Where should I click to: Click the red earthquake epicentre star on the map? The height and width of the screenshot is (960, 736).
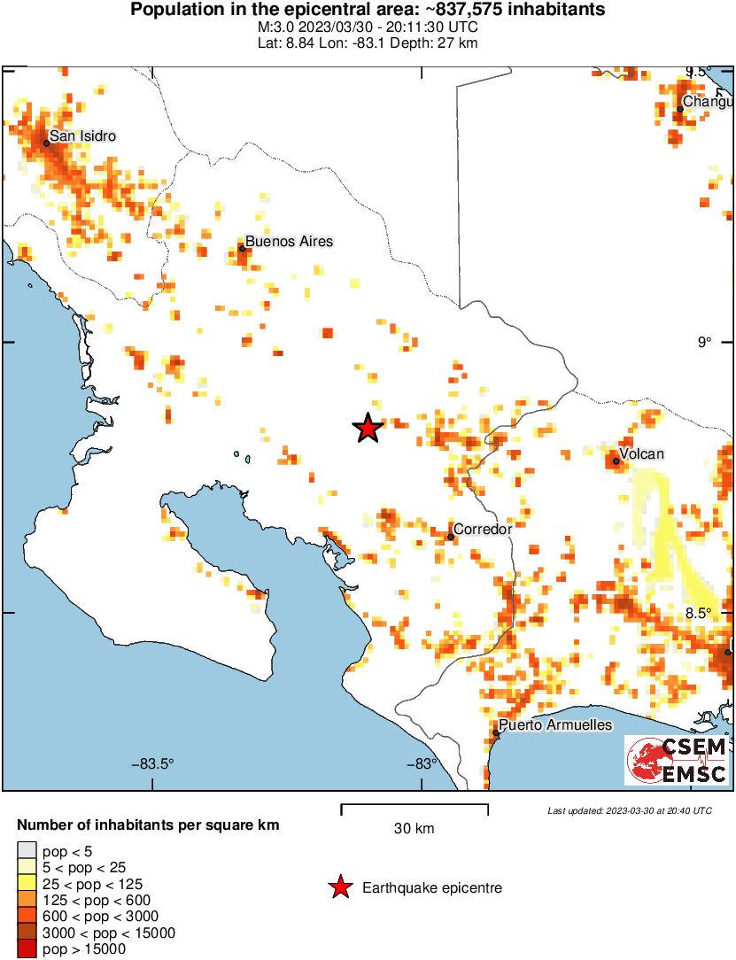(x=368, y=429)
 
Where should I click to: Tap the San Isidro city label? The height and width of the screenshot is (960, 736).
(x=82, y=135)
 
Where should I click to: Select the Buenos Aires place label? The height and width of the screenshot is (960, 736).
(x=289, y=241)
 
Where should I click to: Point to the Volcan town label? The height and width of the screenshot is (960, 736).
(x=641, y=454)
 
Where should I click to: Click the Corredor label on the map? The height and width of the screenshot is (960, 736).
(x=483, y=529)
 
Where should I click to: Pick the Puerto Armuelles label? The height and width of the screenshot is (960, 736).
(x=555, y=724)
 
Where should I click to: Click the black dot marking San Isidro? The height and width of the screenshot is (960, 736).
(x=46, y=142)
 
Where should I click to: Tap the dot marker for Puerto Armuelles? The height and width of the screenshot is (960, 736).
(x=496, y=732)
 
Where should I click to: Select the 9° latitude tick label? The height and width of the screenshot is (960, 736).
(x=704, y=343)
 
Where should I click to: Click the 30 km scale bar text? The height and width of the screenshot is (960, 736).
(x=414, y=829)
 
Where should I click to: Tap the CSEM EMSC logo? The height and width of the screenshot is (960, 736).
(x=677, y=761)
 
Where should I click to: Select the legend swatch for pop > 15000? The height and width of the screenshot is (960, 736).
(x=24, y=949)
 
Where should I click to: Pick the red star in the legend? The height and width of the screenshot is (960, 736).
(x=338, y=887)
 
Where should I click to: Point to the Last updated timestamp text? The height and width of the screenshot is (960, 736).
(x=630, y=810)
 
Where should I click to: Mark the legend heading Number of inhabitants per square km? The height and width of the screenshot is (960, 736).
(x=148, y=825)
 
